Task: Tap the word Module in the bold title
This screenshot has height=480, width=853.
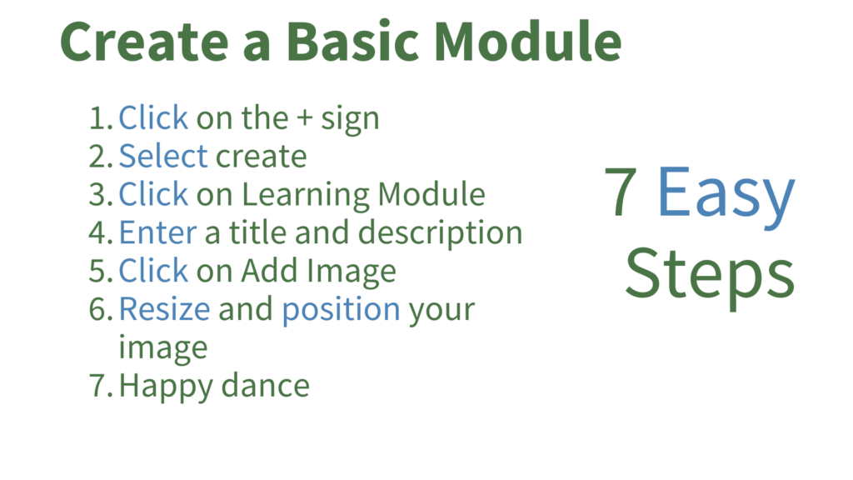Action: (x=527, y=42)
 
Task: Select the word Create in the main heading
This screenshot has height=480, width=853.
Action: (x=144, y=42)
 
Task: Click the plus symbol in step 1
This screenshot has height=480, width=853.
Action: (x=305, y=118)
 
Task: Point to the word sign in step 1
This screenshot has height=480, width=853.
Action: (x=350, y=120)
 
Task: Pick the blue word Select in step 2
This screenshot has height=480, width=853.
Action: (x=163, y=156)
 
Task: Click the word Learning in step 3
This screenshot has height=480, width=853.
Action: (x=306, y=196)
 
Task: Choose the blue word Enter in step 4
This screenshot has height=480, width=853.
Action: (x=157, y=233)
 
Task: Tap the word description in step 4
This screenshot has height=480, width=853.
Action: (x=440, y=234)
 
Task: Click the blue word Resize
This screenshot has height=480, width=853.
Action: (x=165, y=309)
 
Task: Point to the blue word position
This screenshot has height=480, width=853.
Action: (x=341, y=311)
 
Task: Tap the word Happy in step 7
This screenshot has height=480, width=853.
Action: (x=167, y=387)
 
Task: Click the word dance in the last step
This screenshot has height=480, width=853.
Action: (x=266, y=386)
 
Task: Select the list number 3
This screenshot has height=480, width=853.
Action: (x=101, y=195)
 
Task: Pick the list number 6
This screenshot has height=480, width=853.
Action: (x=101, y=309)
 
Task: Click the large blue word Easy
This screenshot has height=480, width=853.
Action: (x=726, y=196)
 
